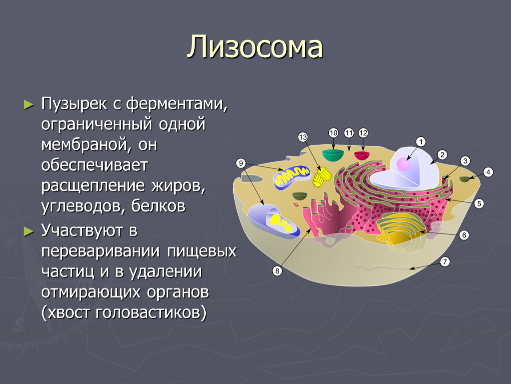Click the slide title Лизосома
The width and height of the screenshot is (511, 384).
255,47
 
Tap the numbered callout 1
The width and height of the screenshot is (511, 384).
421,141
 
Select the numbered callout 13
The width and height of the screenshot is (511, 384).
303,137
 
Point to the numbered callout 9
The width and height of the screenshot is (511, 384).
241,163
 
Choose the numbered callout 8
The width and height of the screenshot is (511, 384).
277,271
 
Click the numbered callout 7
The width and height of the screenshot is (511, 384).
445,261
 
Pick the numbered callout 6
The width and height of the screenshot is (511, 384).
464,235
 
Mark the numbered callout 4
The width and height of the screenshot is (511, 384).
488,172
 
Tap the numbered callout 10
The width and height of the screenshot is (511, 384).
333,133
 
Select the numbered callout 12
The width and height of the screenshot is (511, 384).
363,133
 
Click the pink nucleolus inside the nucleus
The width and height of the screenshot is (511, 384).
403,164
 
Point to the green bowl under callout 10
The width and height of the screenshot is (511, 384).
333,155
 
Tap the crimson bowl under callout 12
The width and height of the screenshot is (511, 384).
362,156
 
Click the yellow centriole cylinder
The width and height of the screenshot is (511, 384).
322,176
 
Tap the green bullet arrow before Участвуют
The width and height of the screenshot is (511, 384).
29,232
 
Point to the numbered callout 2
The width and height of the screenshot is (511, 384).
442,155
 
